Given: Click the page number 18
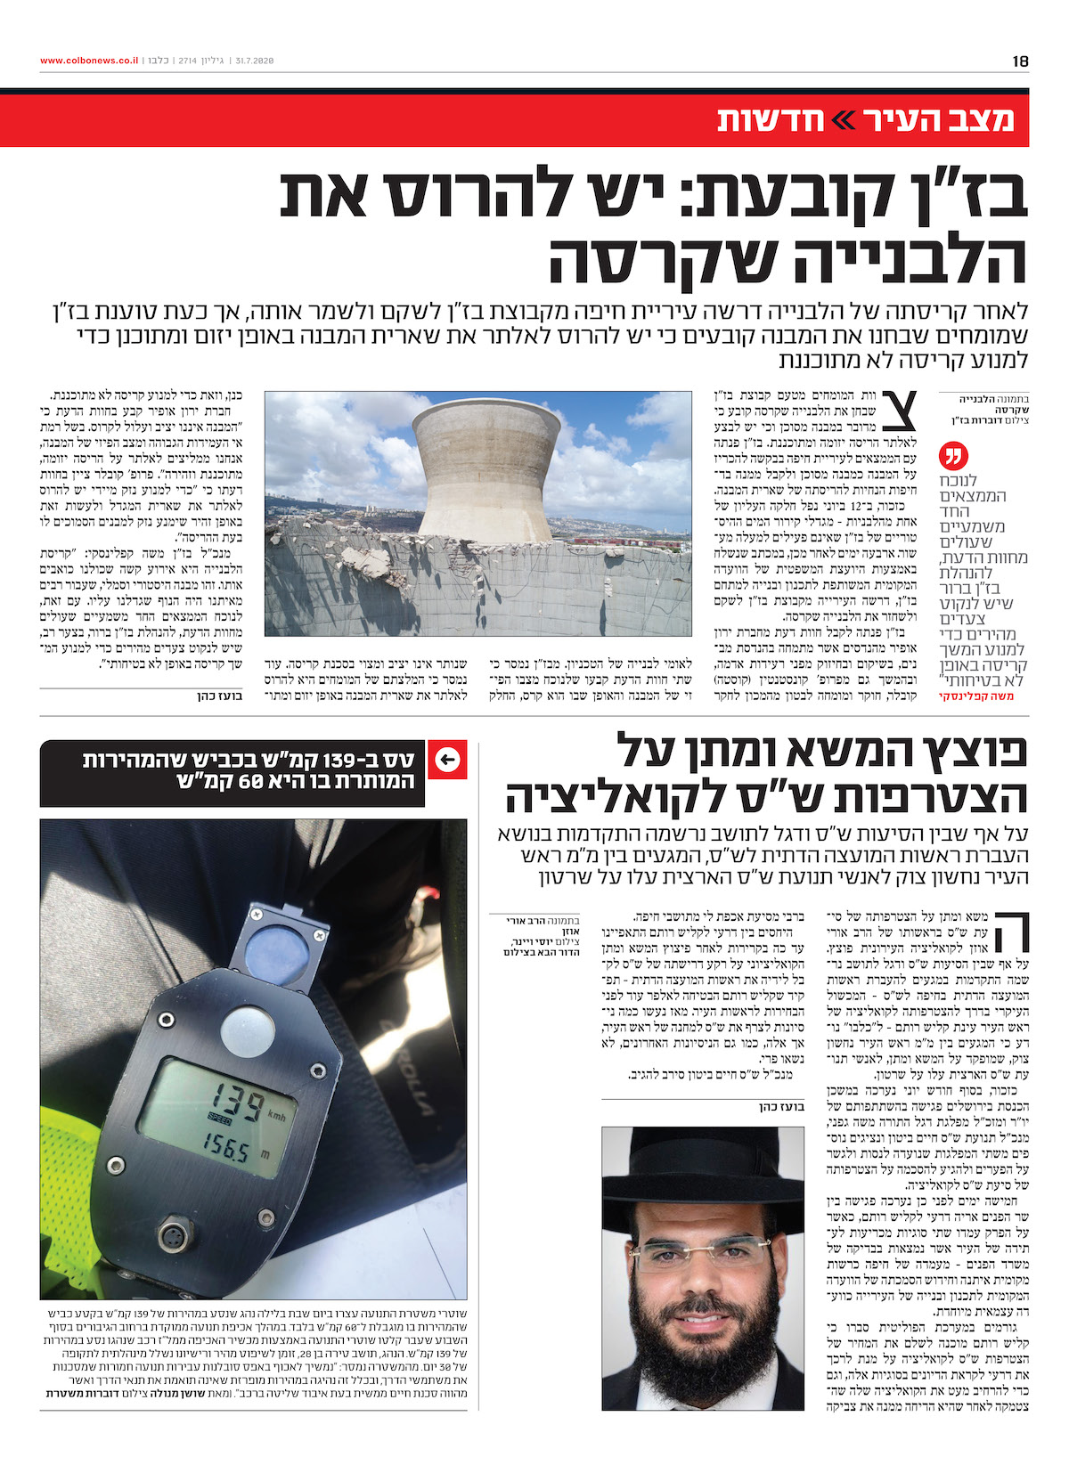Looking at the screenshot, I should (x=1020, y=61).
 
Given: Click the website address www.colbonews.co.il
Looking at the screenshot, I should (x=89, y=61).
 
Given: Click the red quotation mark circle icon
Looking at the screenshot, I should (x=953, y=457).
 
